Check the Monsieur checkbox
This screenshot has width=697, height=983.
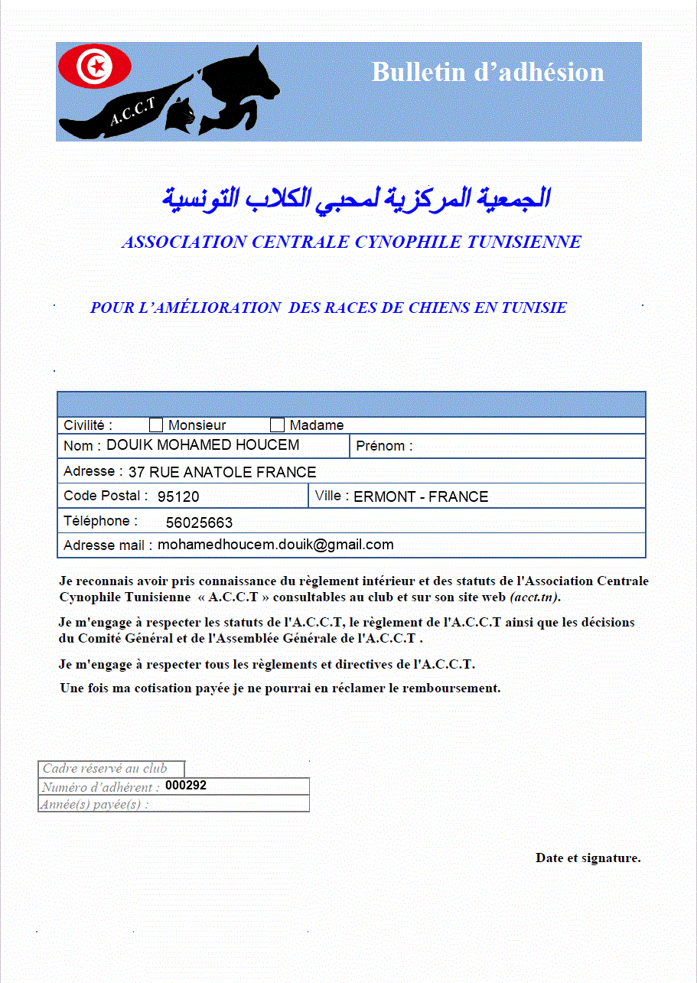pos(156,425)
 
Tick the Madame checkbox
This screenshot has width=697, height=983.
pos(277,425)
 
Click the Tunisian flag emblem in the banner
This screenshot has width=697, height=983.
pos(96,67)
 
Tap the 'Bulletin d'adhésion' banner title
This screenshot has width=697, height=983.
pos(487,72)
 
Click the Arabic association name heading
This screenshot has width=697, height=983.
pos(356,197)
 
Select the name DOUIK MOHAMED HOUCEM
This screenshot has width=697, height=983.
pos(203,445)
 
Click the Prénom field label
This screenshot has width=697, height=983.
pos(384,446)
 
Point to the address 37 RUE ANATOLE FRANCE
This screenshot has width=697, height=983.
pos(222,472)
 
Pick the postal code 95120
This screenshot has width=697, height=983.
pos(178,496)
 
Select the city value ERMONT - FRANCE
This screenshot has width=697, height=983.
pos(421,496)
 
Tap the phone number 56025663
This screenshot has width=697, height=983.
pos(199,523)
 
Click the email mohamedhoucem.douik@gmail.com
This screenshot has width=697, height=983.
pos(275,545)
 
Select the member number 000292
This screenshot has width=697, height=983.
pos(186,786)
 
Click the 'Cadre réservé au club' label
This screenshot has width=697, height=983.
pos(105,769)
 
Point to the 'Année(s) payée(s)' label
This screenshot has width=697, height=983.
pos(95,804)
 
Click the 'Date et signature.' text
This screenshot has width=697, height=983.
pos(588,858)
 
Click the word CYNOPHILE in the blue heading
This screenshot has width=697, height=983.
pos(409,242)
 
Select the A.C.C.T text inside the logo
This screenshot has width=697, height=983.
pos(133,111)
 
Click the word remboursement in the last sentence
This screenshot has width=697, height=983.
pos(444,688)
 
